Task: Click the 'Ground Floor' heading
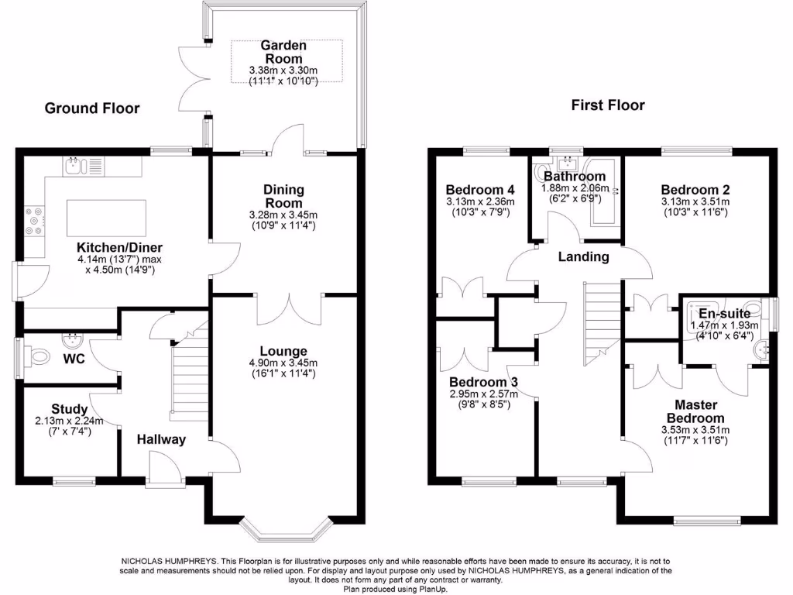(92, 108)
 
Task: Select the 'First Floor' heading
(608, 105)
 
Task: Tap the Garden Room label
(283, 52)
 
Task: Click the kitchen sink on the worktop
(73, 166)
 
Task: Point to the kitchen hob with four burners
(34, 221)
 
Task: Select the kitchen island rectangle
(107, 218)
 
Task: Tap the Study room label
(69, 409)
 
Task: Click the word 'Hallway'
(161, 439)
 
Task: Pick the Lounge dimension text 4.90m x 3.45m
(283, 363)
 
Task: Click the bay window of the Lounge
(287, 530)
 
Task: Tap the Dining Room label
(283, 196)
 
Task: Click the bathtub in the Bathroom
(604, 191)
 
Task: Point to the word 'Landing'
(584, 256)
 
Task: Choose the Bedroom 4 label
(480, 190)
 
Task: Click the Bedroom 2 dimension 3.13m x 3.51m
(695, 202)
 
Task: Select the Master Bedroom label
(695, 411)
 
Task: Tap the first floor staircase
(602, 324)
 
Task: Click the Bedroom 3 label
(483, 382)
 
